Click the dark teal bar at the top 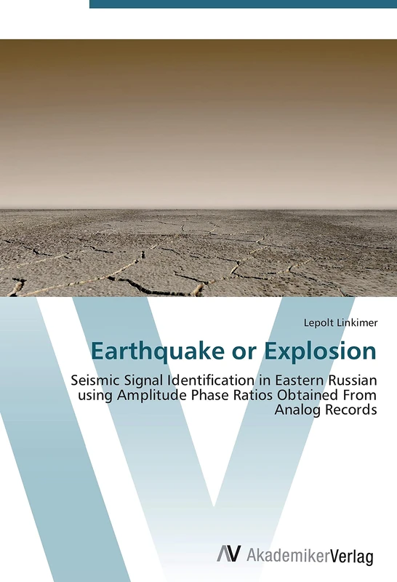coord(243,4)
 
